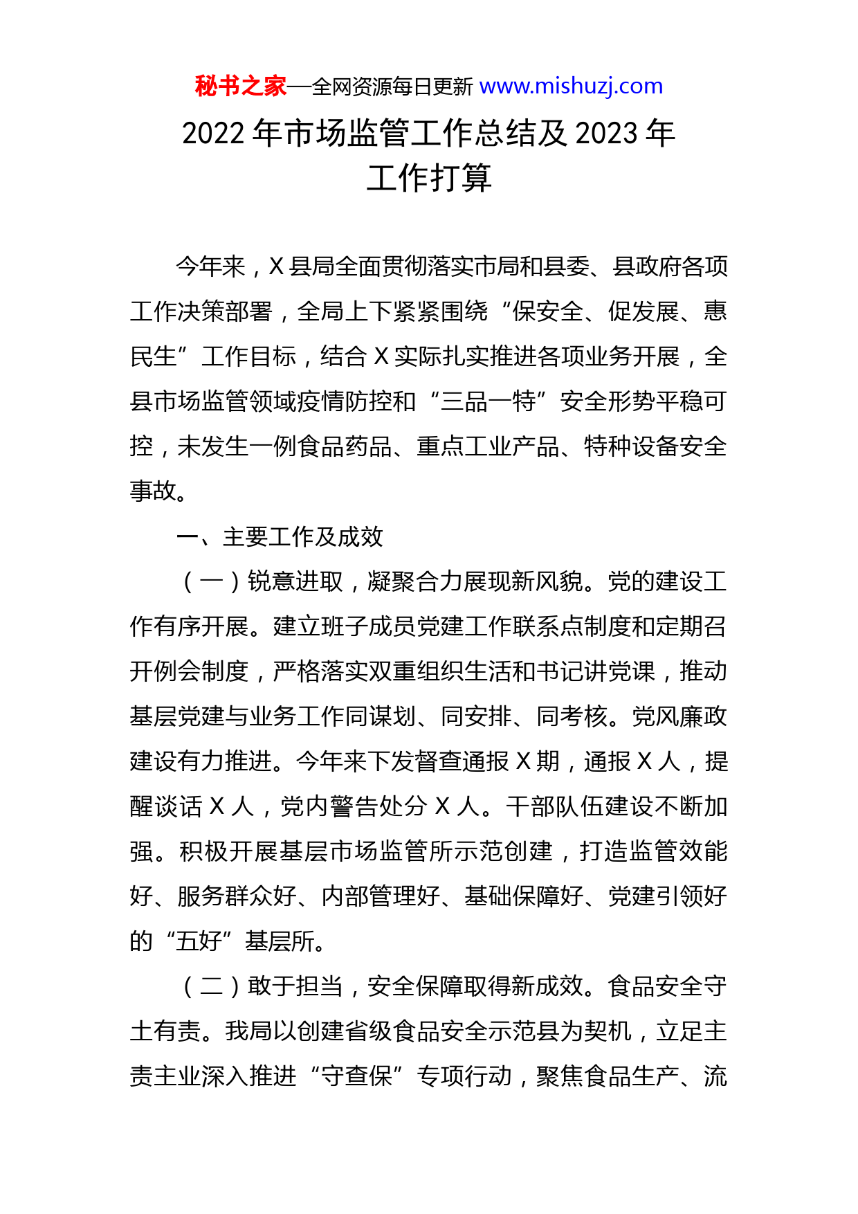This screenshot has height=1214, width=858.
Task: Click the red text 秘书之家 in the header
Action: point(241,87)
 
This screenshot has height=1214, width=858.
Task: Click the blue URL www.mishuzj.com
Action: point(571,87)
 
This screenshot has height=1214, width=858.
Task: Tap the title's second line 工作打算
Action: point(429,179)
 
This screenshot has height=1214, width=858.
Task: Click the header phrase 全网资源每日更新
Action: point(392,87)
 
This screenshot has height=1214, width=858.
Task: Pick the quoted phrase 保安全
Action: point(547,312)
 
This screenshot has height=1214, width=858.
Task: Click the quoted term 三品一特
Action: point(489,401)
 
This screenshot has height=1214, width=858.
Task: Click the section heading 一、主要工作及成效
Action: point(280,536)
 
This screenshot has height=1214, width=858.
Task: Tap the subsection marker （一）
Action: point(211,581)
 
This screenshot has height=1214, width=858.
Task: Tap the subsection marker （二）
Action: point(211,986)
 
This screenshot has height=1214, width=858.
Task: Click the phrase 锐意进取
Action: point(295,581)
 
